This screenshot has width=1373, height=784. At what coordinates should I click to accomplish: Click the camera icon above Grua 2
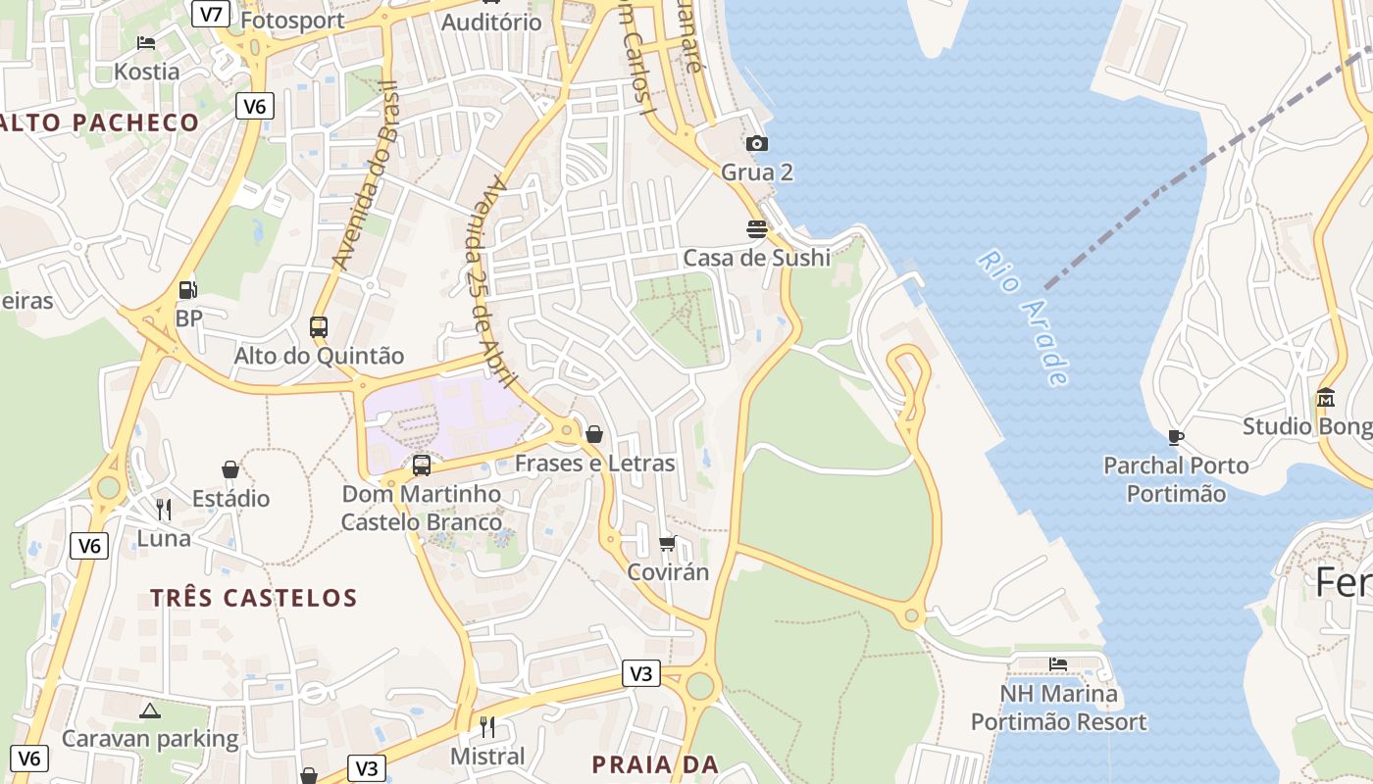pos(757,144)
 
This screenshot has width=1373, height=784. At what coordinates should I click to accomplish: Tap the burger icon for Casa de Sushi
pos(757,229)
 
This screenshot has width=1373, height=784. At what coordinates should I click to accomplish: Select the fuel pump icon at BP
pos(187,289)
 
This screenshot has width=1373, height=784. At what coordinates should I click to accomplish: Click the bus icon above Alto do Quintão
pos(319,326)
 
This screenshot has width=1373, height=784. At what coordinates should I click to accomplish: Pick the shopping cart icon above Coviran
pos(668,543)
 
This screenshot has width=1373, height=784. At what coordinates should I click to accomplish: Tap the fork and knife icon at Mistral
pos(486,727)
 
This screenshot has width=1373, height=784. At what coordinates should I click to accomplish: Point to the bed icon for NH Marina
pos(1058,664)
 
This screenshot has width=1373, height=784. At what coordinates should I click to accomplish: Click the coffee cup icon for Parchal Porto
pos(1176,437)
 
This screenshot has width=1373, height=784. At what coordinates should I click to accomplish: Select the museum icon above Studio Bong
pos(1326,398)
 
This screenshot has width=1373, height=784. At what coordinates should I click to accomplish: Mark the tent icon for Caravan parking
pos(149,710)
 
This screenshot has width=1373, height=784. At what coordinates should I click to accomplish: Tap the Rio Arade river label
pos(1023,318)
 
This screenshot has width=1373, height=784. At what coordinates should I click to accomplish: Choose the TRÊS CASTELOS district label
pos(253,598)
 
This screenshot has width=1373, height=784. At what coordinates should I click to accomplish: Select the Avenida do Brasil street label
pos(363,176)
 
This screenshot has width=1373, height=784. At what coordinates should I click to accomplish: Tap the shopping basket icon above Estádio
pos(230,470)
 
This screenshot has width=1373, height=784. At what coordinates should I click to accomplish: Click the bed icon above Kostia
pos(146,43)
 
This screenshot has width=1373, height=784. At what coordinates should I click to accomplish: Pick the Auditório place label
pos(491,22)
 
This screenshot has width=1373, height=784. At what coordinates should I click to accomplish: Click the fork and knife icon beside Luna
pos(164,510)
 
